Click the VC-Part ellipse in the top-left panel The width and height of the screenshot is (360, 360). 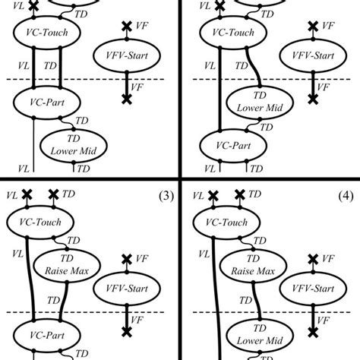(42, 103)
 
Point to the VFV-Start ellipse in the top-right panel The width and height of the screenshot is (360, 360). (311, 56)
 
